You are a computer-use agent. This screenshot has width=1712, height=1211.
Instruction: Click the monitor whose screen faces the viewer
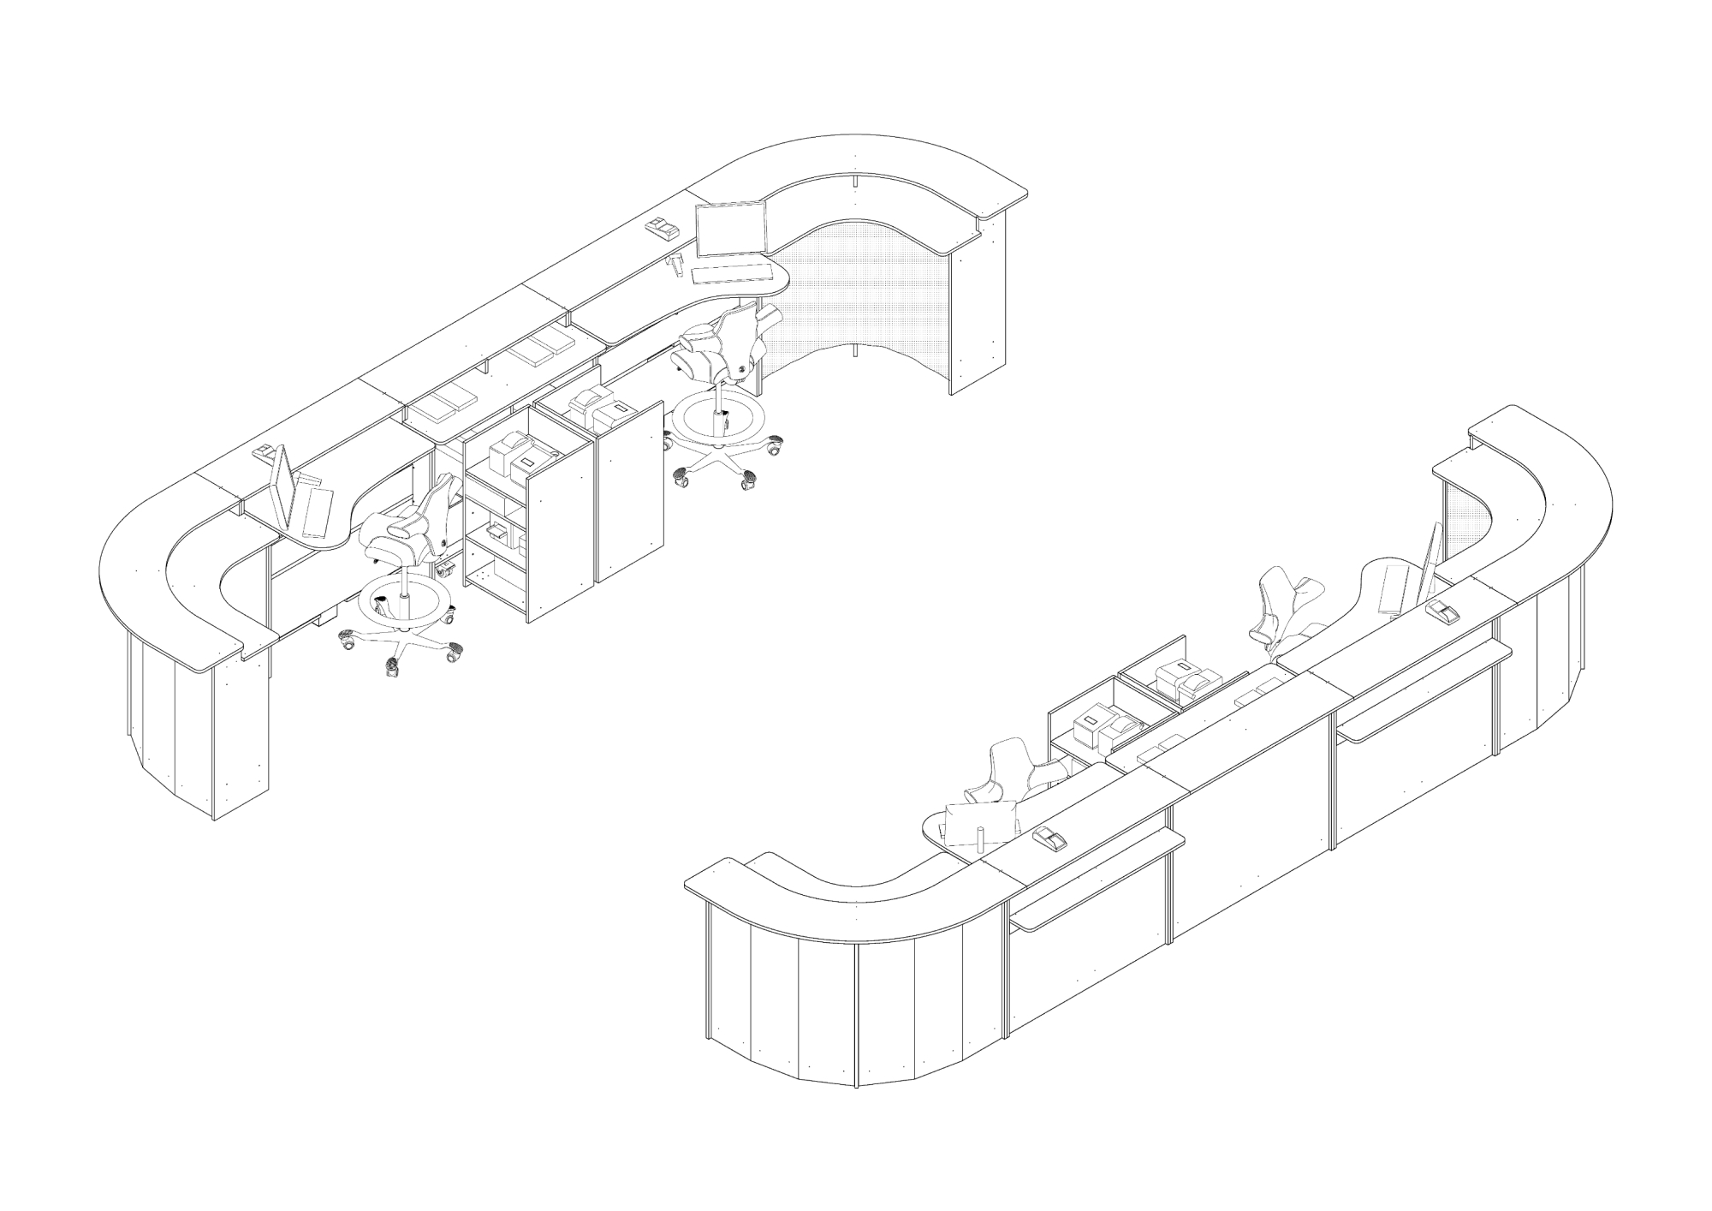[x=730, y=230]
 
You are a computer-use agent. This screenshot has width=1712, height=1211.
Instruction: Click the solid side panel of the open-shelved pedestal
[x=561, y=522]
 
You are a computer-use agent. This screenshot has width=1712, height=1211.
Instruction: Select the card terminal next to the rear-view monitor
[x=1049, y=839]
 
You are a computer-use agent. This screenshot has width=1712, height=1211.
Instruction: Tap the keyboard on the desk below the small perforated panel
[x=1393, y=588]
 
